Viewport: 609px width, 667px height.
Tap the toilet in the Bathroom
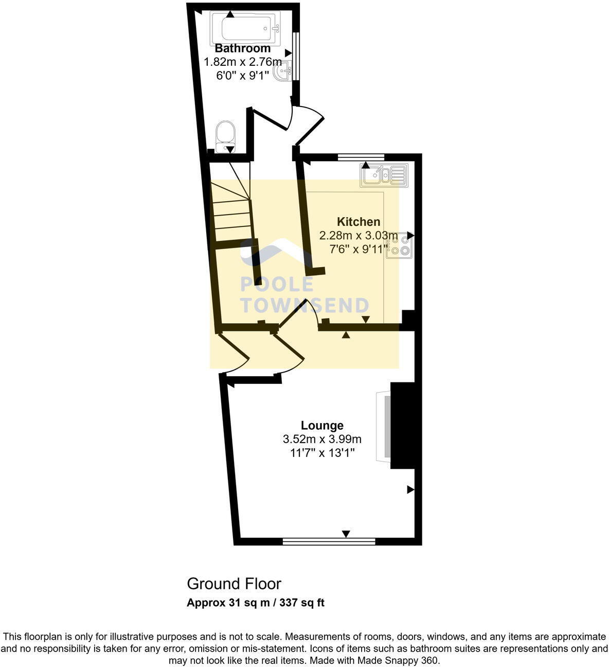coord(225,136)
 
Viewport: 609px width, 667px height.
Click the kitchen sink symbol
coord(385,175)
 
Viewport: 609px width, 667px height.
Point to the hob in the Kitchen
coord(400,244)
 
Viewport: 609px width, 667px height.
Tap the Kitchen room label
coord(359,222)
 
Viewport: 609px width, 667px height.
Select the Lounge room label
coord(322,426)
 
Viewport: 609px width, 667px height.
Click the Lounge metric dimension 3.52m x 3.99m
coord(322,439)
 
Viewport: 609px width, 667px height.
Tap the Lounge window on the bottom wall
coord(329,541)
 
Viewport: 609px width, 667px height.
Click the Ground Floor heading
coord(234,584)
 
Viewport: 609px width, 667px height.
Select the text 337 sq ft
coord(302,603)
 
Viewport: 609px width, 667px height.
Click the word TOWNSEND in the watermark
coord(304,306)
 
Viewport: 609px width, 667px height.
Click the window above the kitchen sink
coord(361,156)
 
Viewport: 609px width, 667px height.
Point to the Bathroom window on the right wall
coord(296,57)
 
